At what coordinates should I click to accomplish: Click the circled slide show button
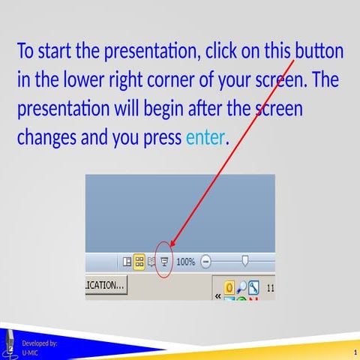[165, 262]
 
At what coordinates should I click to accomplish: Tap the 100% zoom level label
[185, 262]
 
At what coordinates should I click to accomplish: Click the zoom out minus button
[206, 262]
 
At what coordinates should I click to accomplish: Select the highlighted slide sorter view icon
[139, 262]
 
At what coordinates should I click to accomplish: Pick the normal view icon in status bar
[127, 262]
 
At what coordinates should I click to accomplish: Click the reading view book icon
[151, 262]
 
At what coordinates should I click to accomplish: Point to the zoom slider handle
[244, 261]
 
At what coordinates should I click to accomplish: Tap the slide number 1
[352, 352]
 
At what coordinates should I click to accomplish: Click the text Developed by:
[40, 343]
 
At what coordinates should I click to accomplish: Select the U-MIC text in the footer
[31, 352]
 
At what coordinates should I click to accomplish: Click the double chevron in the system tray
[218, 295]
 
